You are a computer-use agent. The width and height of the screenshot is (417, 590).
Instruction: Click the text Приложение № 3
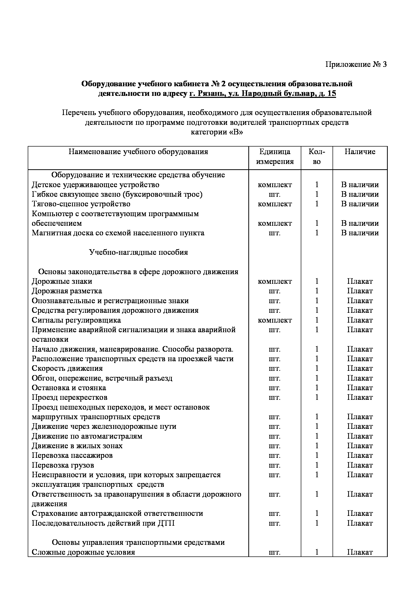pos(356,64)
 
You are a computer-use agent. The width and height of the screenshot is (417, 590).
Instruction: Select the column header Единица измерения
pos(275,156)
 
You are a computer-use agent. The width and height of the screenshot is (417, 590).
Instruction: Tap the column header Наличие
pos(360,152)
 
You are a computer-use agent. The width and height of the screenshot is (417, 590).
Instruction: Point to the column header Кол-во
pos(317,156)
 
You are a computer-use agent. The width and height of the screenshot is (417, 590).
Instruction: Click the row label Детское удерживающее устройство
pos(96,185)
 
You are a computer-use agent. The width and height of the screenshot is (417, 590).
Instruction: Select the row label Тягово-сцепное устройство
pos(81,204)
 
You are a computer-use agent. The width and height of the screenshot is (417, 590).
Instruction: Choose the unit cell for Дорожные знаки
pos(275,282)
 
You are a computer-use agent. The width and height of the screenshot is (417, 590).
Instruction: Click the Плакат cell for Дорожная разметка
pos(360,291)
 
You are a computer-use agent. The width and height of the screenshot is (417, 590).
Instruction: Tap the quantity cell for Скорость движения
pos(317,369)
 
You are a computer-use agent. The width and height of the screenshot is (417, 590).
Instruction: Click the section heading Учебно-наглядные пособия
pos(138,252)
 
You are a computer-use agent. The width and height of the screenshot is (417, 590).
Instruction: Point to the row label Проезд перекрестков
pos(70,398)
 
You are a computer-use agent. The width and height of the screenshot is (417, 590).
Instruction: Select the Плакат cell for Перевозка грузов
pos(360,465)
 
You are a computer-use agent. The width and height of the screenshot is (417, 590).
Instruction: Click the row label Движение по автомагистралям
pos(87,436)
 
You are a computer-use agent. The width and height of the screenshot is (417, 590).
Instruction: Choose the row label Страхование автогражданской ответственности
pos(117,514)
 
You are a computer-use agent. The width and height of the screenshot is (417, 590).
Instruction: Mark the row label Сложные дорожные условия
pos(83,552)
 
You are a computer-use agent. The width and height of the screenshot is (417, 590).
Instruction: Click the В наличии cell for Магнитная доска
pos(360,233)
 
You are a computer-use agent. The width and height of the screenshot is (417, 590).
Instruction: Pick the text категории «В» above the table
pos(217,132)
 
